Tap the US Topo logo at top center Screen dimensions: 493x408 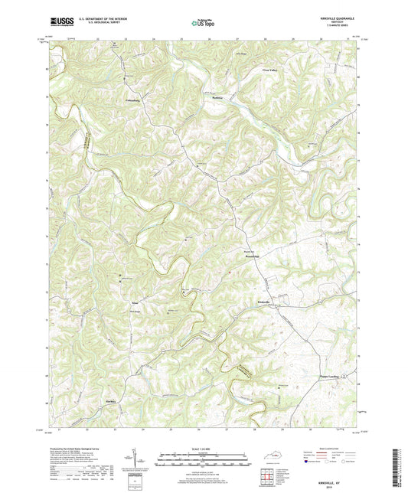pos(196,23)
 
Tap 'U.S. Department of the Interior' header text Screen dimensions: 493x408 pos(95,19)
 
